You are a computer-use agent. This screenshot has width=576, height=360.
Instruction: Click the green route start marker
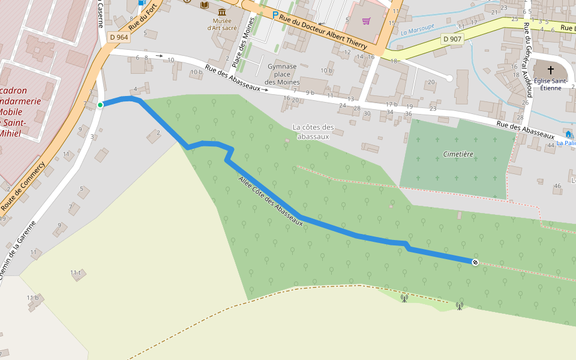(x=100, y=105)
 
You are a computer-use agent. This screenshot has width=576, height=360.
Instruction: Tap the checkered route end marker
(x=475, y=262)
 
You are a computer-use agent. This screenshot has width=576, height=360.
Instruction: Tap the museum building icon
(x=222, y=12)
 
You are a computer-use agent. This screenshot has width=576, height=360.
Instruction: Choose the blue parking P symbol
(x=275, y=15)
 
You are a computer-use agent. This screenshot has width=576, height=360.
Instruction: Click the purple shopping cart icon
(x=366, y=21)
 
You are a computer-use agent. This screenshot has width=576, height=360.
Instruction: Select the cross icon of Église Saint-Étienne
(x=551, y=70)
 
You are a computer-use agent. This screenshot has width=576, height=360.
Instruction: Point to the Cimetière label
(x=458, y=154)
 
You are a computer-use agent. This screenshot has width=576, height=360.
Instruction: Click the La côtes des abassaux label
(x=313, y=131)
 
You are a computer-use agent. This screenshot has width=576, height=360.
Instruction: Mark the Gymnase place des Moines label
(x=282, y=74)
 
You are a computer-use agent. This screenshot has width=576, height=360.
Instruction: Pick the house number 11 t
(x=75, y=272)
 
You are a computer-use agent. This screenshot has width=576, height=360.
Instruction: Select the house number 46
(x=557, y=186)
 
